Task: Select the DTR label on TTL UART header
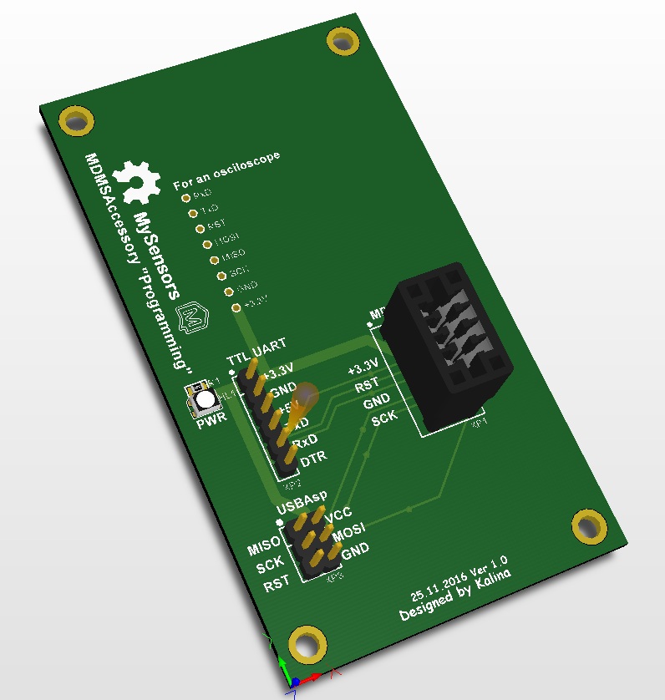coord(313,459)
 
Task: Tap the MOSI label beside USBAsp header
coord(350,531)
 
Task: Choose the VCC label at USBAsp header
coord(338,515)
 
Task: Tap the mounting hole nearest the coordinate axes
coord(307,645)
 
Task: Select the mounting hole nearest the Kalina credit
coord(590,526)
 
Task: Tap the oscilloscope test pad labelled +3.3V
coord(237,308)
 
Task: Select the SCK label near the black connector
coord(385,419)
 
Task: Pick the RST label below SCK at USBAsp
coord(277,585)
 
